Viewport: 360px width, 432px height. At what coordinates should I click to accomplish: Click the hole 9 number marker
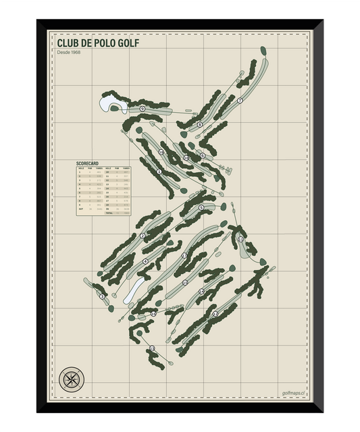143,109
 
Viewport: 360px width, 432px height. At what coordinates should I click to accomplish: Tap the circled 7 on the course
240,101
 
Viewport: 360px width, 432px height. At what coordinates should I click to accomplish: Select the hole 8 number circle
200,124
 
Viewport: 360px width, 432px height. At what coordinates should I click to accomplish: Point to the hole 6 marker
202,156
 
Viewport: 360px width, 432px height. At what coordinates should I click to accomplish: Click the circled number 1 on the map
159,172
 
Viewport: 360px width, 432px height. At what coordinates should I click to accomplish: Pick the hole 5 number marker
201,208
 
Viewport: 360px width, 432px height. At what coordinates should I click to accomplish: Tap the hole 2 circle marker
143,236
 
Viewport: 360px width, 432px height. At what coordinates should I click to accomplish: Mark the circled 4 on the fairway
145,262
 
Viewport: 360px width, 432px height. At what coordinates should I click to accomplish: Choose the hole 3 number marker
103,296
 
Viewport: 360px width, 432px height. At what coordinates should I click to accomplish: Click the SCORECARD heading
88,163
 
